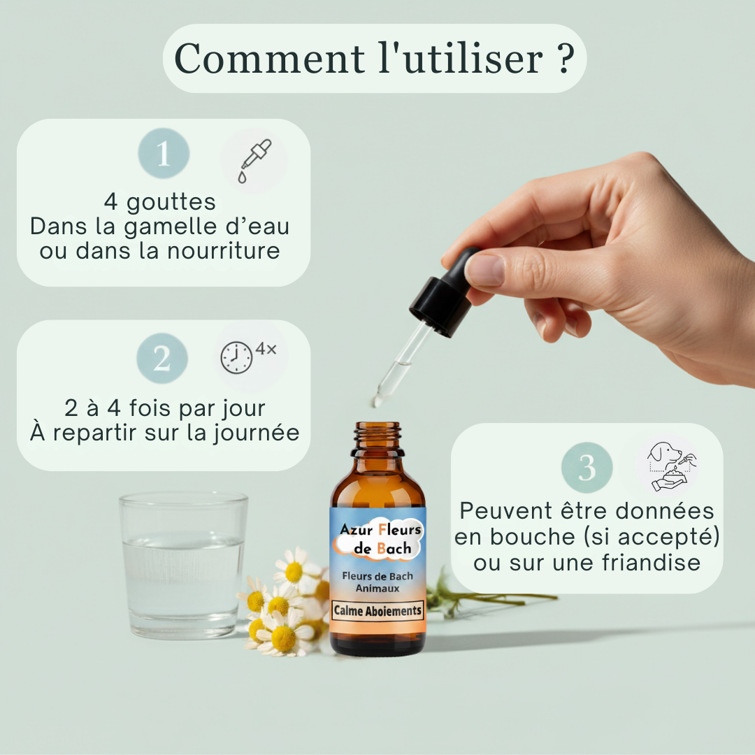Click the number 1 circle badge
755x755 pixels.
(x=164, y=154)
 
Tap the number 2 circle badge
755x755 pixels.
(x=162, y=359)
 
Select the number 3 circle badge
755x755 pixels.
(x=587, y=468)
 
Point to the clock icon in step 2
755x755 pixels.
(x=237, y=358)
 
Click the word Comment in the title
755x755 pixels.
(x=270, y=59)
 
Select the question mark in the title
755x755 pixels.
(x=566, y=59)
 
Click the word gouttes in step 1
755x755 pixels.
(x=171, y=202)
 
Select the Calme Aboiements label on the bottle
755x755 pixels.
(x=378, y=610)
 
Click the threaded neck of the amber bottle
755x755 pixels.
(x=378, y=437)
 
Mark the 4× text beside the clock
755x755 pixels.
(x=266, y=349)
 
